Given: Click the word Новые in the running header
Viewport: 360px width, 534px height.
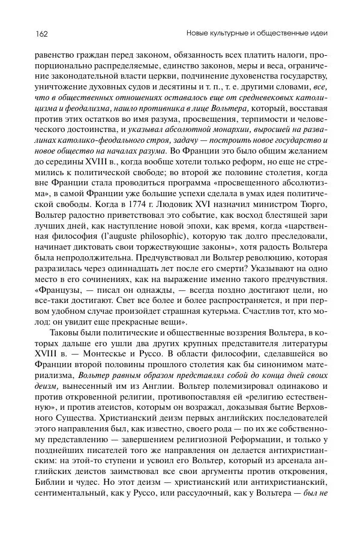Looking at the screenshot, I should pos(199,31).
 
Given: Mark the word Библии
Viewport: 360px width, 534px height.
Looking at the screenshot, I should pos(52,497).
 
